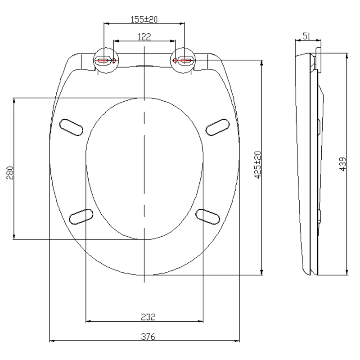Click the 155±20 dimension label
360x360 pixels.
tap(144, 19)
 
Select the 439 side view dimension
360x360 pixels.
tap(342, 165)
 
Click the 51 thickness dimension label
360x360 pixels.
tap(306, 36)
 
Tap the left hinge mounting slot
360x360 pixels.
tap(103, 59)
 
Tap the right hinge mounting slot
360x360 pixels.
tap(185, 59)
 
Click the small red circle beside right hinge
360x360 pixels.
tap(175, 60)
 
